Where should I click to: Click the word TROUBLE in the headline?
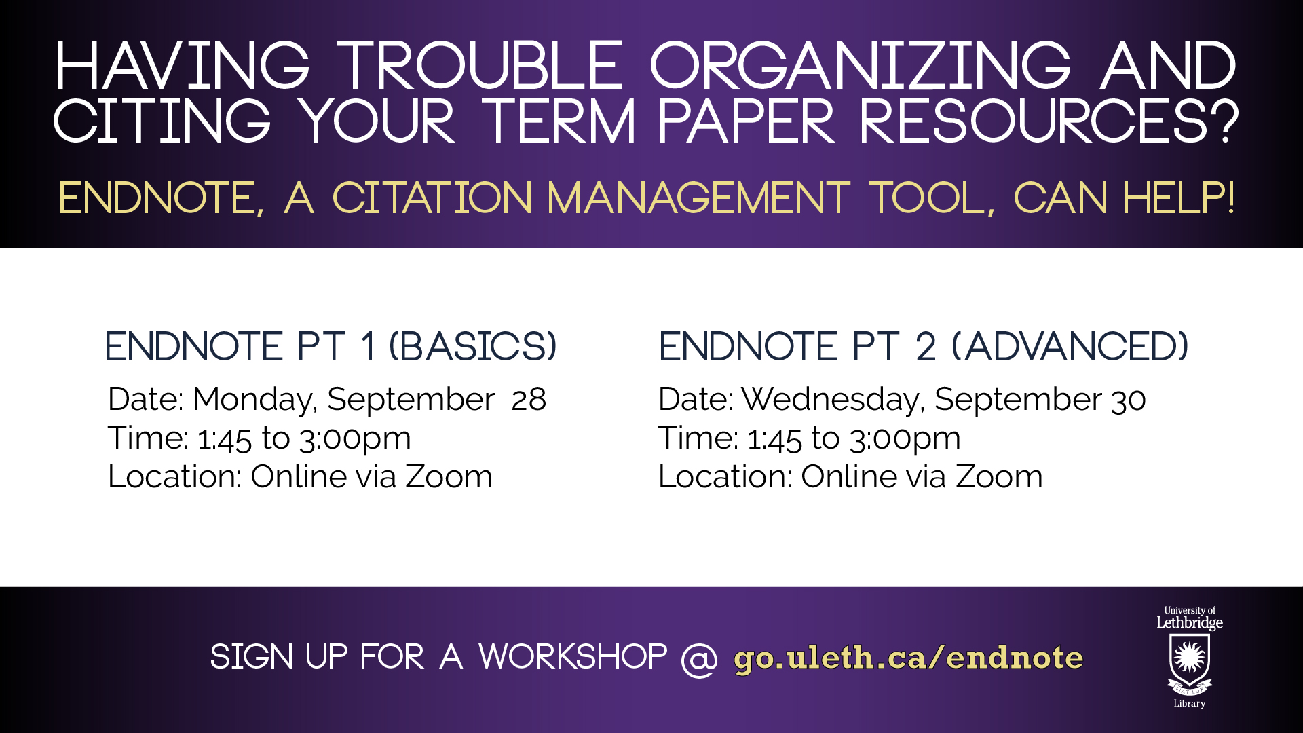(480, 65)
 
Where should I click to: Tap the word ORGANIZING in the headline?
(861, 65)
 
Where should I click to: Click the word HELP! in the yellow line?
(1179, 198)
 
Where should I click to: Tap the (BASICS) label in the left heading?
(473, 346)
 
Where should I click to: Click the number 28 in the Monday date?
(529, 399)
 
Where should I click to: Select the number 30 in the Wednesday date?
(1129, 400)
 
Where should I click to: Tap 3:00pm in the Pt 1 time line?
(355, 439)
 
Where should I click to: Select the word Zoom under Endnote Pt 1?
(449, 476)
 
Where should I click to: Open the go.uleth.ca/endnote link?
(909, 658)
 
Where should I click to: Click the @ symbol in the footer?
(699, 658)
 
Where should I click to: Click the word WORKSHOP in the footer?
(573, 657)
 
